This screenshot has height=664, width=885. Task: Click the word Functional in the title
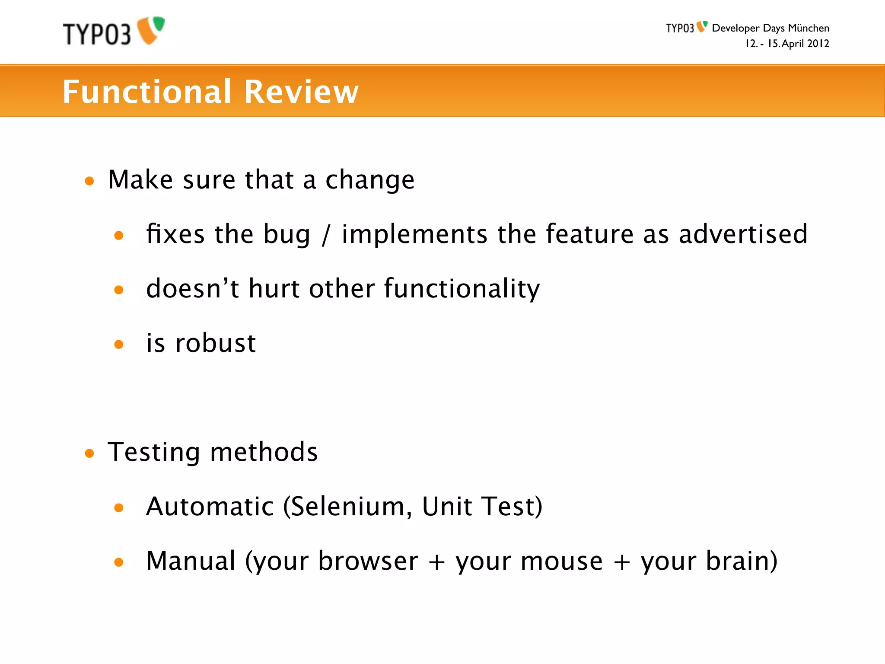click(x=147, y=92)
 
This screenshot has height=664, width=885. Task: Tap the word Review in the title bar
click(x=301, y=92)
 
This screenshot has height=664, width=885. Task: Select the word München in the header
click(x=808, y=29)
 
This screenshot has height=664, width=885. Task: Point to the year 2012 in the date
click(x=818, y=44)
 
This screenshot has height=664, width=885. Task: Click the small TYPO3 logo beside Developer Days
click(x=686, y=28)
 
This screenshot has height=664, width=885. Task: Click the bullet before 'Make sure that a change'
click(x=89, y=181)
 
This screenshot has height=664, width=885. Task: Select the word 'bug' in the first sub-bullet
click(x=287, y=235)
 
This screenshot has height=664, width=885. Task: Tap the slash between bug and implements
click(x=326, y=235)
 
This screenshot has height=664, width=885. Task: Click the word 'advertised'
click(x=743, y=234)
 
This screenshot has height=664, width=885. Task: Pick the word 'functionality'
click(x=462, y=289)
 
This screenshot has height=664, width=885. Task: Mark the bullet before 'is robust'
click(x=119, y=344)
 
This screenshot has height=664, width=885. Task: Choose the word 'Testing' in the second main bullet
click(x=154, y=453)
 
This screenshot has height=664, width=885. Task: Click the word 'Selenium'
click(x=348, y=506)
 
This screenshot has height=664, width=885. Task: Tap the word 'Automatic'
click(x=210, y=506)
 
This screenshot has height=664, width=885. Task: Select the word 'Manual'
click(x=191, y=561)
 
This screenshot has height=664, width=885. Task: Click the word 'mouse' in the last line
click(x=561, y=562)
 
